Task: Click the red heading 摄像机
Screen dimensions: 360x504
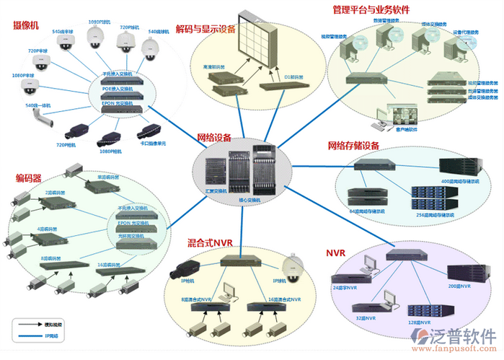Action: click(x=26, y=26)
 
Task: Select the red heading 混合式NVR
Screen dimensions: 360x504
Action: click(x=210, y=243)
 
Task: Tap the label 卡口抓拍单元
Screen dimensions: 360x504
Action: click(x=154, y=143)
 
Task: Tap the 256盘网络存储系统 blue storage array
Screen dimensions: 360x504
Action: click(x=433, y=199)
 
